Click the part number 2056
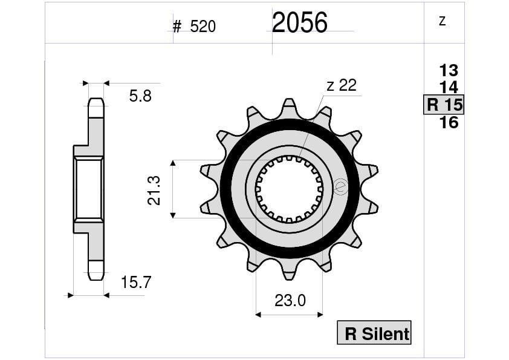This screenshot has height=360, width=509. coord(300,23)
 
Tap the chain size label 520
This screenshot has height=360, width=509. coord(203,26)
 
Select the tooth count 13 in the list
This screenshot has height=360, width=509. coord(449,71)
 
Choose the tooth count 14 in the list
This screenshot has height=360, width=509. coord(449,87)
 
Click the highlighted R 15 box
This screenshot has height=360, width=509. coord(444,105)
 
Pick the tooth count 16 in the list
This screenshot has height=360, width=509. coord(449,122)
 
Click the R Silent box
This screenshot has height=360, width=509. coord(374,332)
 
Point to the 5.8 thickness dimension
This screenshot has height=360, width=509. coord(140,96)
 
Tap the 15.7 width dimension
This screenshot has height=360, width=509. coord(136,283)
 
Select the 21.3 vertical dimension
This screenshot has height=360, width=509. coord(154,191)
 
